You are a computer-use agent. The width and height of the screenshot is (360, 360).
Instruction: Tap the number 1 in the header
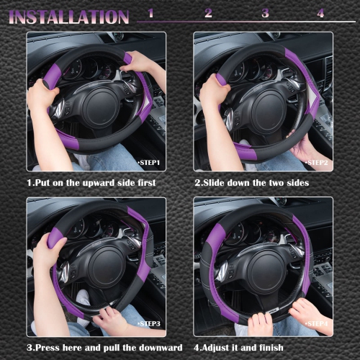(x=151, y=14)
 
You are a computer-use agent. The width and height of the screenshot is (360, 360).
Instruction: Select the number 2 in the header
(x=208, y=14)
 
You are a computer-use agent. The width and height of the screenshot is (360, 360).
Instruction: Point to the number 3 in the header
(x=265, y=14)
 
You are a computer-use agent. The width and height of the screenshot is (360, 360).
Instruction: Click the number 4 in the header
(x=320, y=14)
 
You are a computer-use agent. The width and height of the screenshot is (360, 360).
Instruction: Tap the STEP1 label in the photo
(x=149, y=163)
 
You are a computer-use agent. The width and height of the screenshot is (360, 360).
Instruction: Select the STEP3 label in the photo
(x=149, y=325)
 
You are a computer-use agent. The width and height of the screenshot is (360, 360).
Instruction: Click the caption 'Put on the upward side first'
(x=91, y=183)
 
